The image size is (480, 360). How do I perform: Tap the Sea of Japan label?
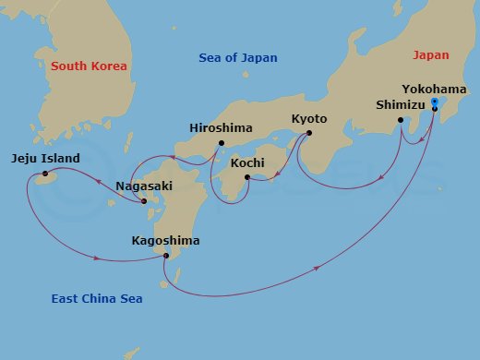coord(238,58)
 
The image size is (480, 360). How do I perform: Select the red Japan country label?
coord(430,55)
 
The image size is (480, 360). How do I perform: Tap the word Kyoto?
coord(309,118)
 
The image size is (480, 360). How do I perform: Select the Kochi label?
coord(247,162)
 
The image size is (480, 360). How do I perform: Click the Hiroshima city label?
coord(220,127)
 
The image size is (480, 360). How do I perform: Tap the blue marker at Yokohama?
coord(435,102)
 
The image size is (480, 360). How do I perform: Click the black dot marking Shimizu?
coord(401,120)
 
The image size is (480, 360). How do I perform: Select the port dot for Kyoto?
coord(308,133)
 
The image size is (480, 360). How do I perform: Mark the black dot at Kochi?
coord(247,176)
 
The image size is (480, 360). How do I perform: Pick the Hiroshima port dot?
coord(222,142)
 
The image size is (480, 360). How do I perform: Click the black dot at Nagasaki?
coord(145,201)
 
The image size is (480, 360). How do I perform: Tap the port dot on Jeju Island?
coord(44,174)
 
